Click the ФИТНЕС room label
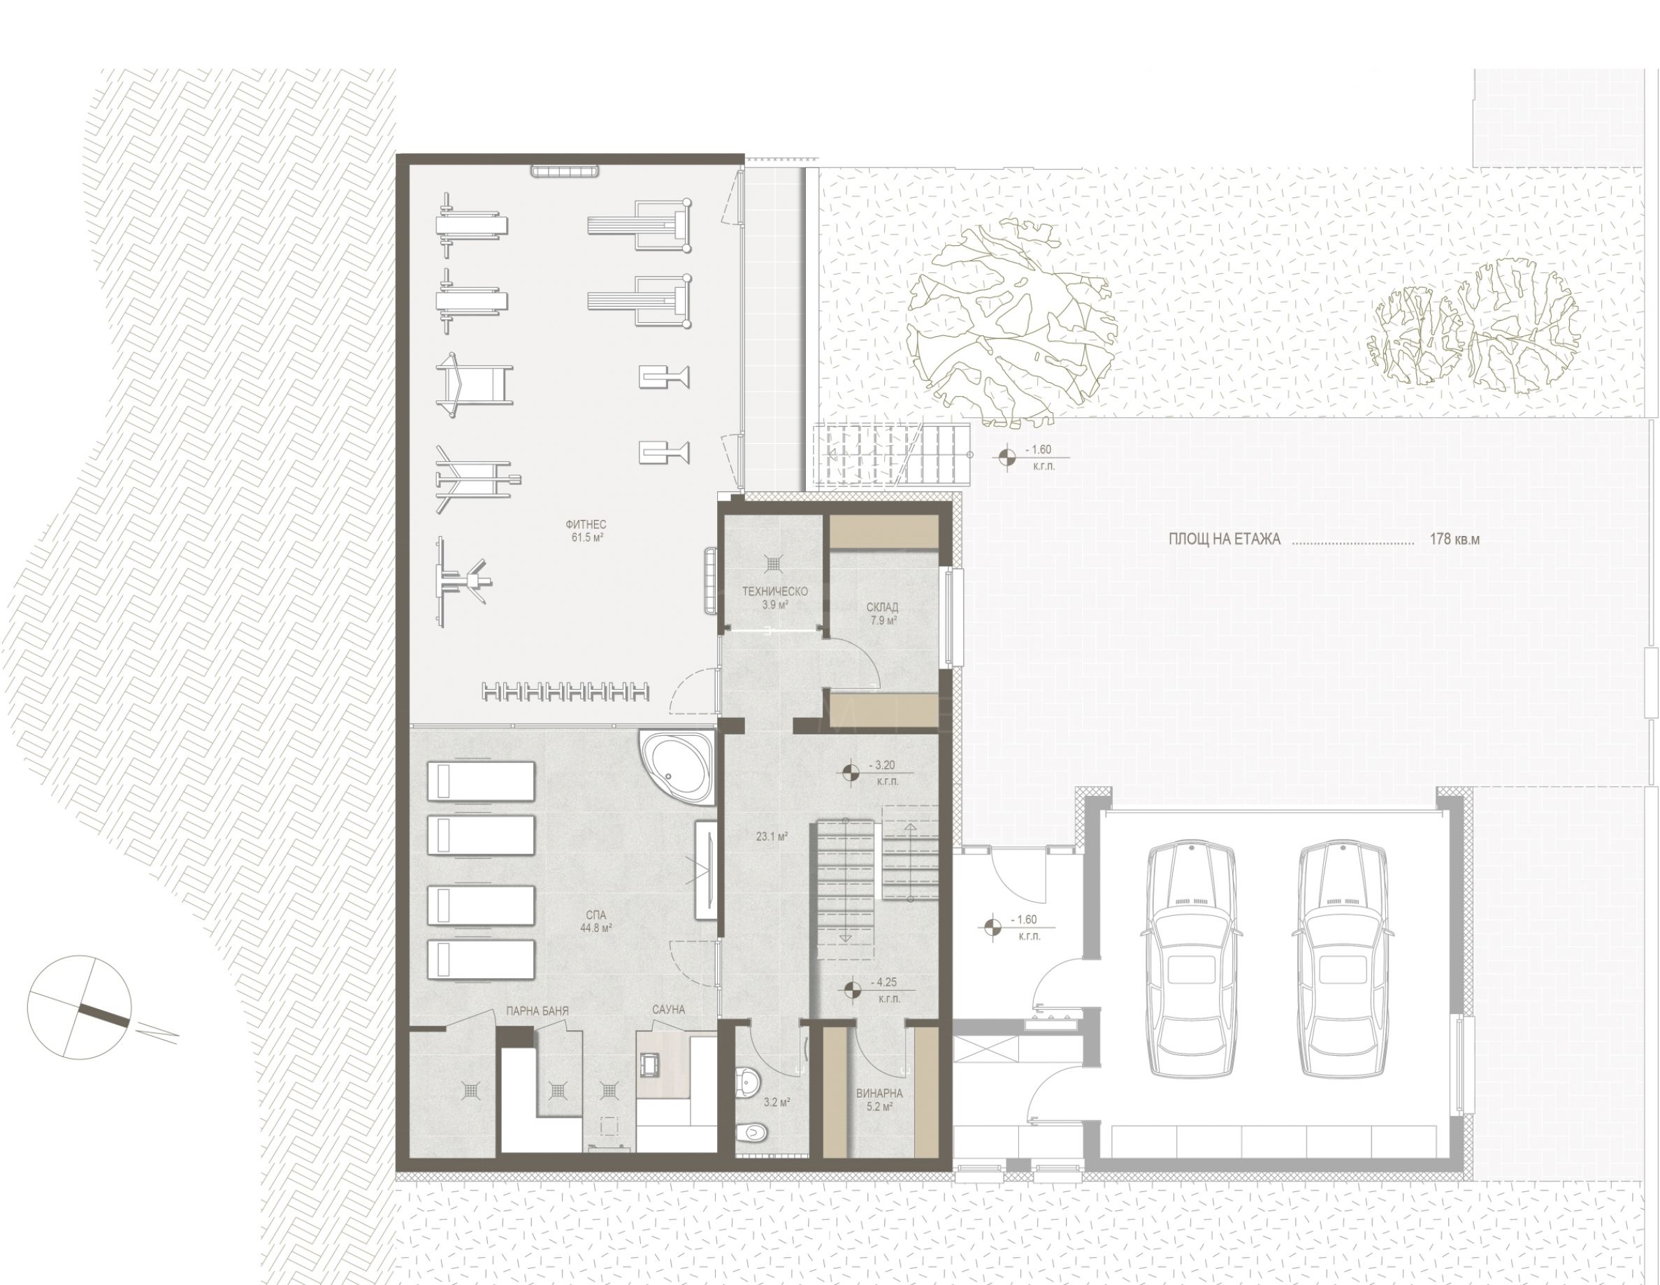coord(585,524)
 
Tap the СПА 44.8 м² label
coord(596,921)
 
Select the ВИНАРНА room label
coord(879,1094)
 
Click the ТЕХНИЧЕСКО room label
coord(774,591)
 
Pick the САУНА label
coord(668,1010)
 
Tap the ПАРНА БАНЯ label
coord(537,1011)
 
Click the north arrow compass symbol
coord(79,1008)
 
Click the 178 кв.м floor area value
coord(1455,539)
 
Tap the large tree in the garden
coord(1012,321)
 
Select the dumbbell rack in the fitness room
coord(566,692)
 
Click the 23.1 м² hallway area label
coord(772,836)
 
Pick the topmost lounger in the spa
coord(481,781)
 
